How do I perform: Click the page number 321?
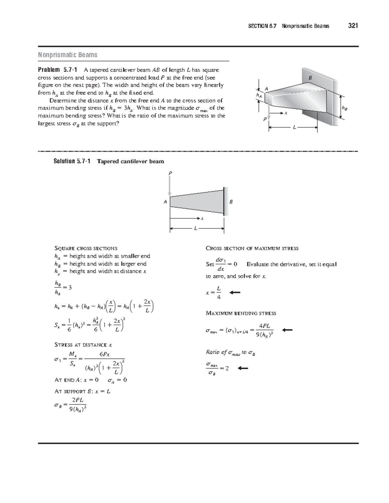pos(353,26)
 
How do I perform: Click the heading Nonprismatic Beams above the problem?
pos(67,55)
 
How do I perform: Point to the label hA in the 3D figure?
pos(258,95)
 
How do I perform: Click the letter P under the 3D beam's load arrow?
pos(265,120)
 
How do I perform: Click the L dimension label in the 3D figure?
pos(294,128)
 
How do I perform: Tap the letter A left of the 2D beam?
pos(165,202)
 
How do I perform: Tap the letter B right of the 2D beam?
pos(231,202)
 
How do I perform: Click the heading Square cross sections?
pos(86,248)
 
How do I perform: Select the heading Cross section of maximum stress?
pos(252,248)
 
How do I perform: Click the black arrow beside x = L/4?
pos(235,292)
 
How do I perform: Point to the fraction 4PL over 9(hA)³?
pos(265,330)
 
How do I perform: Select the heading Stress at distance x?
pos(83,345)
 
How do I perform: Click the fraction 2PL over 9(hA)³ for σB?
pos(78,405)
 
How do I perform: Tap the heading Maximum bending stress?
pos(241,313)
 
